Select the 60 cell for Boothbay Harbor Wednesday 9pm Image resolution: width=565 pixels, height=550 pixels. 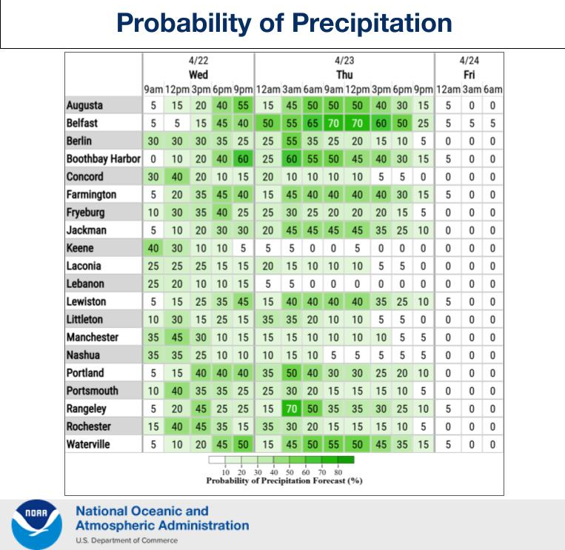(x=243, y=159)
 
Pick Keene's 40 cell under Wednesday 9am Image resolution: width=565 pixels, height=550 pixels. (x=153, y=248)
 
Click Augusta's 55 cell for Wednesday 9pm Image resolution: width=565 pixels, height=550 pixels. (x=243, y=106)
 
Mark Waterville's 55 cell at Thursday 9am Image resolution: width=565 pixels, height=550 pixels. (x=335, y=444)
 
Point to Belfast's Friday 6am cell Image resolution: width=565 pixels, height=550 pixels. (x=493, y=124)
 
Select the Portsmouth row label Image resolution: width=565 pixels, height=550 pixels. (x=92, y=391)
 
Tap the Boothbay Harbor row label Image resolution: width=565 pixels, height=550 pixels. (x=103, y=159)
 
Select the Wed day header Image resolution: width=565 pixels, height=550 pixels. (x=198, y=75)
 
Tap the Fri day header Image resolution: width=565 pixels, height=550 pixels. (x=469, y=75)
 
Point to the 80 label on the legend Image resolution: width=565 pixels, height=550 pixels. (x=338, y=472)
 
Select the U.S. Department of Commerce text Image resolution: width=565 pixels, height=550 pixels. (x=127, y=540)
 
